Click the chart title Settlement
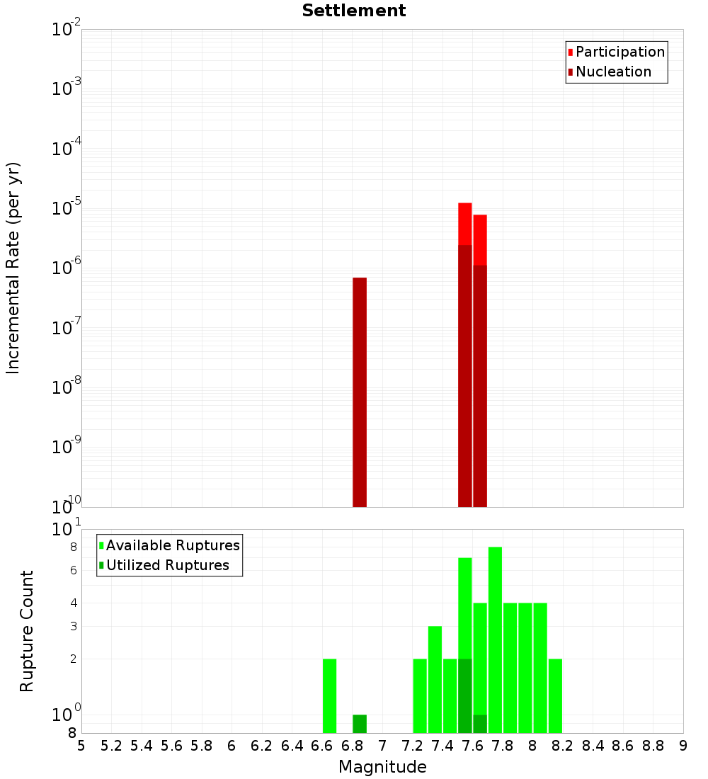pos(354,11)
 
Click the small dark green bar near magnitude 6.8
pos(360,724)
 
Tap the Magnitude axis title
pos(382,767)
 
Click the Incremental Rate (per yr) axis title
pos(13,268)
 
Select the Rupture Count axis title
pos(27,631)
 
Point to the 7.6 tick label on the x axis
pos(473,746)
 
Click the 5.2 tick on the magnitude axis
pos(111,746)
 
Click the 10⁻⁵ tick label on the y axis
pos(67,208)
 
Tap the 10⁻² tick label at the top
pos(67,30)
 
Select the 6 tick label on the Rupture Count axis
pos(73,570)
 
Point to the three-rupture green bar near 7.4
pos(435,679)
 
